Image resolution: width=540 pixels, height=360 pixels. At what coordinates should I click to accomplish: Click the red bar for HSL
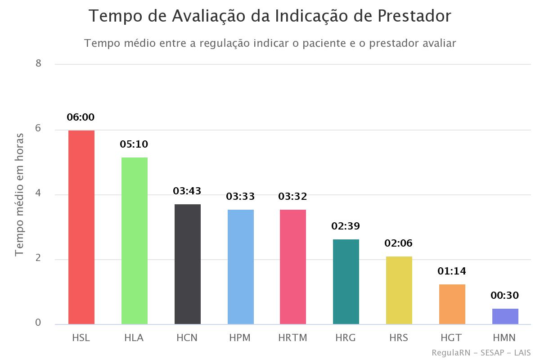point(81,227)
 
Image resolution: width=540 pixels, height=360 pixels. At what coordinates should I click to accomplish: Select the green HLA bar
point(135,241)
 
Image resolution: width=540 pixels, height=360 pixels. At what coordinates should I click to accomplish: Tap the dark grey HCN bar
point(188,264)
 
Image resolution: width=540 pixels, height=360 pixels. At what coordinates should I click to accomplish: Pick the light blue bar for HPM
point(241,267)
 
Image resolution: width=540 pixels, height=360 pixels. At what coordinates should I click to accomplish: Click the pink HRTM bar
point(293,267)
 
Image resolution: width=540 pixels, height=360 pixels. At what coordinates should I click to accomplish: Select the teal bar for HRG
point(346,282)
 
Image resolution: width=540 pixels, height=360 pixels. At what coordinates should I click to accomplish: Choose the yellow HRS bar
point(399,290)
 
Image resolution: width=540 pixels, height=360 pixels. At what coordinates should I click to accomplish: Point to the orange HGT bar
point(452,304)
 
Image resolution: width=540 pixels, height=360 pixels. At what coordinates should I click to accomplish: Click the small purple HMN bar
point(505,316)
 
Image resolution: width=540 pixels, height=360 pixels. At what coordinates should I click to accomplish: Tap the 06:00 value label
point(81,117)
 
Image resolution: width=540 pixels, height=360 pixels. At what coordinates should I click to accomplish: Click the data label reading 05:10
point(134,144)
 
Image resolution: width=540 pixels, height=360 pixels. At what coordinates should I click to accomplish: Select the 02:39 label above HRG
point(346,226)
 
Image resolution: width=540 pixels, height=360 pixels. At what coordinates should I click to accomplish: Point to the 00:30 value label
point(505,296)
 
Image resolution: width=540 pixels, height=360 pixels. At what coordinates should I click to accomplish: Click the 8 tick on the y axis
point(38,63)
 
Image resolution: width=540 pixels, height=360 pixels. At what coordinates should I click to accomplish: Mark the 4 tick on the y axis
point(38,193)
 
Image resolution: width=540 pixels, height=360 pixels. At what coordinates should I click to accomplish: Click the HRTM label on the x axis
point(293,337)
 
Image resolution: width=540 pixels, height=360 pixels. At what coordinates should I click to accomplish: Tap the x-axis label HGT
point(452,337)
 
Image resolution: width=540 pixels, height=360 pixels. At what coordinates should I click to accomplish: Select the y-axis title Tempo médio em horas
point(19,195)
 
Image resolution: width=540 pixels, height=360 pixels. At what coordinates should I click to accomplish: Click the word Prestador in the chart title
point(414,16)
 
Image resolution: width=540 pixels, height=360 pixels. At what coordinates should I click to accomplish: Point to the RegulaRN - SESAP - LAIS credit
point(481,352)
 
